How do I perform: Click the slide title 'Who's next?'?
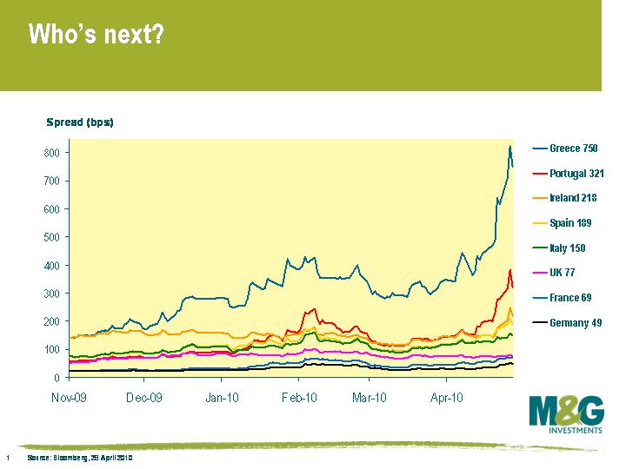click(97, 35)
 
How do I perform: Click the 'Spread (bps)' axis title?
click(80, 122)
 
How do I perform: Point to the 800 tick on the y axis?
click(51, 153)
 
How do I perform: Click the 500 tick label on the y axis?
click(51, 237)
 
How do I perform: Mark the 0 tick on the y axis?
click(57, 378)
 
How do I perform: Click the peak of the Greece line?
click(509, 146)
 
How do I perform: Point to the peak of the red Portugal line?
click(510, 270)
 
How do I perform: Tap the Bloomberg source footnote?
click(79, 458)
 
